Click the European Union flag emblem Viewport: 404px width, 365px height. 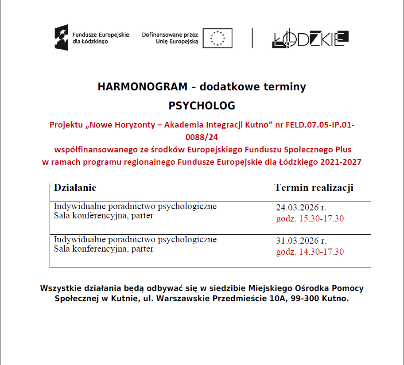click(x=218, y=38)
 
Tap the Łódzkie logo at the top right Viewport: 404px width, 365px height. click(x=310, y=39)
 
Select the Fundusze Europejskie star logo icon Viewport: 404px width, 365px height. click(x=62, y=37)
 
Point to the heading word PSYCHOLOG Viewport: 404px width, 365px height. click(x=202, y=106)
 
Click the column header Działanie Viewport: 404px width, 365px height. click(x=75, y=188)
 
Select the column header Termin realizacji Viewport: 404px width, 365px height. click(x=314, y=188)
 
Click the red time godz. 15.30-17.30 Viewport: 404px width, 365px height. click(x=310, y=219)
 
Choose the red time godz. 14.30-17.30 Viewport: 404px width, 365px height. click(x=310, y=252)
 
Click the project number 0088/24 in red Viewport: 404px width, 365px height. click(x=202, y=137)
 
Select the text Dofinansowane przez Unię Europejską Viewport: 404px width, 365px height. click(x=170, y=38)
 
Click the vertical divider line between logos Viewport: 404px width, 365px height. click(x=252, y=38)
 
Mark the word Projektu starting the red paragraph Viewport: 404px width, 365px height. click(x=66, y=125)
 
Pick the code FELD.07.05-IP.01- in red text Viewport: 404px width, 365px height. click(x=319, y=125)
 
